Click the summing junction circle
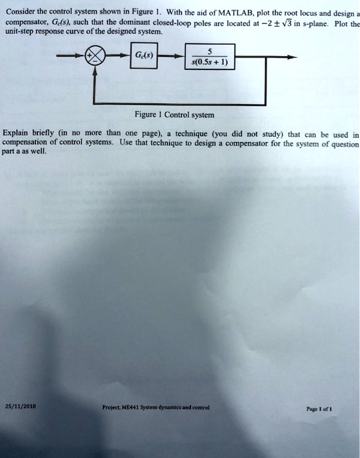(95, 56)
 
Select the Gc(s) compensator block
(144, 56)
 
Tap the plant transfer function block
(210, 57)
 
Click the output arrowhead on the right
(292, 58)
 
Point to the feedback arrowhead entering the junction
(95, 71)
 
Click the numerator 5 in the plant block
(209, 52)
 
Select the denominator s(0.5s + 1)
(209, 62)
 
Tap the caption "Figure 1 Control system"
(175, 114)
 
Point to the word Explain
(16, 133)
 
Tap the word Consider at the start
(20, 12)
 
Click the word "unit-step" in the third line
(19, 31)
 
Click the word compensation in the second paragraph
(24, 143)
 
